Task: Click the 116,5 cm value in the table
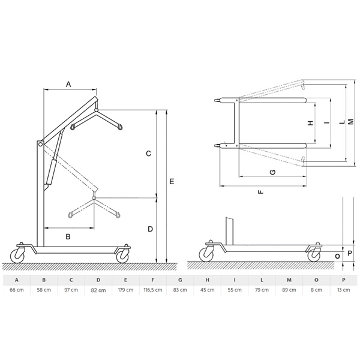coord(153,290)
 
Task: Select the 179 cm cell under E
coord(125,290)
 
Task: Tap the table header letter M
coord(289,280)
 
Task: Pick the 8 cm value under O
coord(316,290)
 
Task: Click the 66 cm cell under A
coord(17,290)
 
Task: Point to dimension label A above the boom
coord(68,84)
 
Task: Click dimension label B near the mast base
coord(68,236)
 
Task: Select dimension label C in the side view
coord(149,154)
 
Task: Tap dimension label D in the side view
coord(150,229)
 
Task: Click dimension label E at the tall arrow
coord(172,182)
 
